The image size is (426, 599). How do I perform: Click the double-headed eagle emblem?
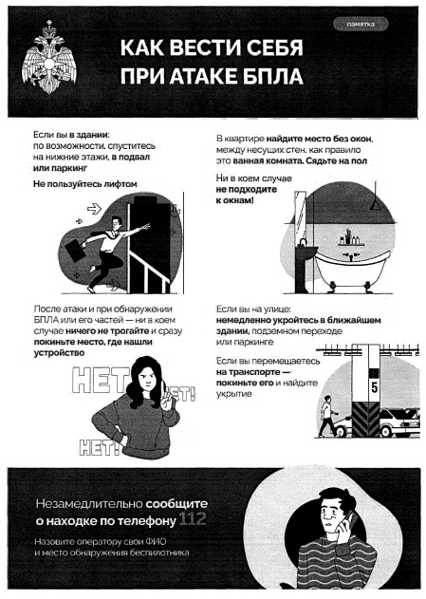point(48,57)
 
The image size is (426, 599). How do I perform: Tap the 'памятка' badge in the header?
point(361,25)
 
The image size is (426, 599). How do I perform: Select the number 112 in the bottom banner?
point(193,519)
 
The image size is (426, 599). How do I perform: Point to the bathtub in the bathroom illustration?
point(351,268)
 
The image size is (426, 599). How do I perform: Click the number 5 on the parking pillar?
point(374,388)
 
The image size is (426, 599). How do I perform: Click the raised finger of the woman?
point(162,389)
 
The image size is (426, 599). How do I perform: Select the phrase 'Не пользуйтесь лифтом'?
point(85,184)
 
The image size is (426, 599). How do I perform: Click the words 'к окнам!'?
point(234,200)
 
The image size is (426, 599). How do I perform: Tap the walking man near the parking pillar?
point(328,417)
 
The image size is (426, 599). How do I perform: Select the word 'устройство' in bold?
point(59,353)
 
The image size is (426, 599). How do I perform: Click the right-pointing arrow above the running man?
point(94,209)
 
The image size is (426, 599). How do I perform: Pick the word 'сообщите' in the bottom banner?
point(176,503)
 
